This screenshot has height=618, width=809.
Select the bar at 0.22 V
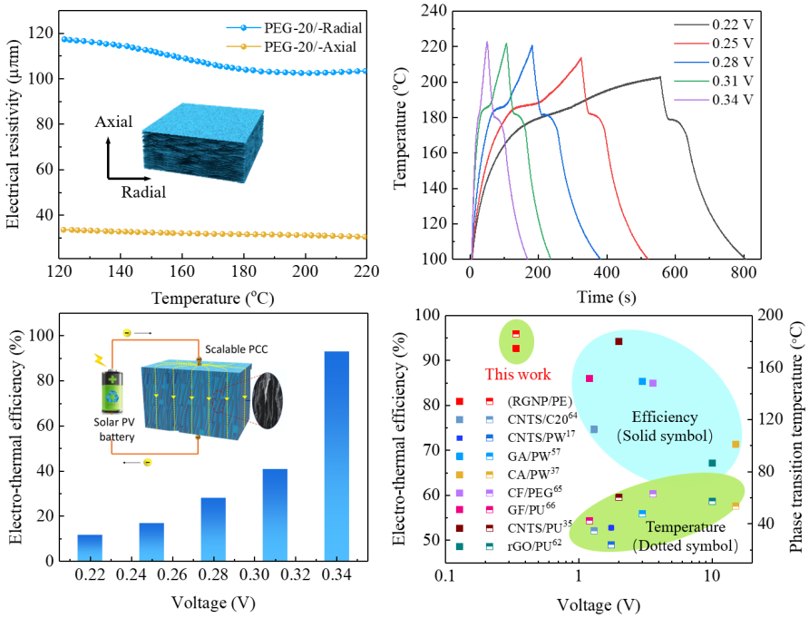90,547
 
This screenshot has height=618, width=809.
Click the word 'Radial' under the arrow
143,192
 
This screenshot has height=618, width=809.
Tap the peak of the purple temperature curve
487,42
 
